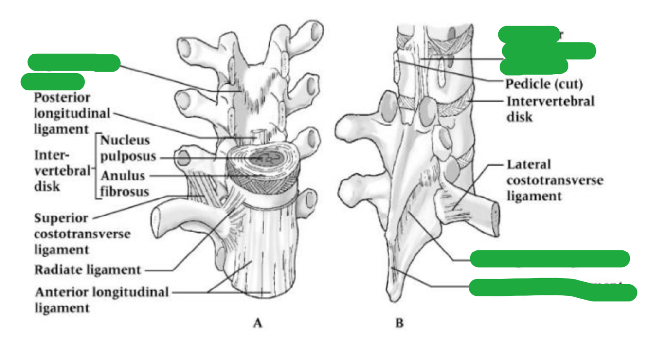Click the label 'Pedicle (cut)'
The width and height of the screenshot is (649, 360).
pos(544,84)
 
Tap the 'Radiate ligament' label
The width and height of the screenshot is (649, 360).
pos(88,270)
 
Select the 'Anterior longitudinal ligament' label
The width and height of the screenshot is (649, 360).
pos(101,299)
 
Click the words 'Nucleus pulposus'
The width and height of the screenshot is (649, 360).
pos(128,148)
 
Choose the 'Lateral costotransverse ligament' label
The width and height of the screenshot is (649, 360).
pos(555,180)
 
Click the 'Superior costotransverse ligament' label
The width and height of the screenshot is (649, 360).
pos(82,234)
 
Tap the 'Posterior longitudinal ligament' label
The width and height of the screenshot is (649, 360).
pos(72,113)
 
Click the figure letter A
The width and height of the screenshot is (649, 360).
pos(257,323)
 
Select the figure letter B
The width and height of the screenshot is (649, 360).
pos(399,323)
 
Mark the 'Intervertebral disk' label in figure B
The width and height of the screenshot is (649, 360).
pos(550,109)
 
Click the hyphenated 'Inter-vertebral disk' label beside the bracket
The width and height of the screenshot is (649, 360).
pos(62,170)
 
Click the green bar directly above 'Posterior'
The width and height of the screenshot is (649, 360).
pos(53,82)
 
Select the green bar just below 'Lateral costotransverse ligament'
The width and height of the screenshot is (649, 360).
pos(550,259)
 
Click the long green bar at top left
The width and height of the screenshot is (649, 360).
pos(73,63)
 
